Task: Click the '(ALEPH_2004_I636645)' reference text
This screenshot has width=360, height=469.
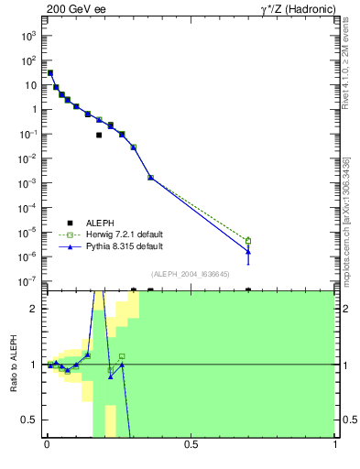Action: (190, 273)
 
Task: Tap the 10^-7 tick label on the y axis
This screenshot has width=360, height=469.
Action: (28, 281)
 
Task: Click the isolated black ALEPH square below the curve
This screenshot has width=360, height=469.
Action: (99, 135)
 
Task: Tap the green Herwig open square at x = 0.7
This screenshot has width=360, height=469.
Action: (248, 241)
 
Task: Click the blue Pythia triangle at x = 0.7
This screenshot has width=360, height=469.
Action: (248, 251)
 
